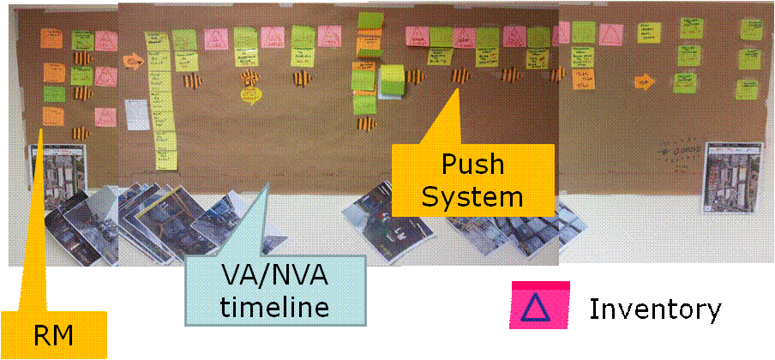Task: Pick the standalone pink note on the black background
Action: tap(540, 305)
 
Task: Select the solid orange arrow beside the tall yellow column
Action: tap(133, 63)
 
